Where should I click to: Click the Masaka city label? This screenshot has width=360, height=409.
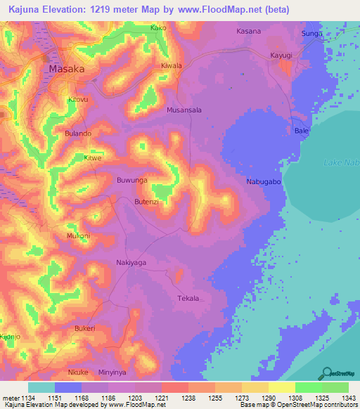[x=66, y=70]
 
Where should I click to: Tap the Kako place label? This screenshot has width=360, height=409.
[x=158, y=28]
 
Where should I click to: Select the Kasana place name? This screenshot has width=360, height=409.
[x=248, y=32]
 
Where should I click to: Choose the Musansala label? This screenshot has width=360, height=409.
[x=184, y=110]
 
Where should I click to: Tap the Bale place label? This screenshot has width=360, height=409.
[x=301, y=131]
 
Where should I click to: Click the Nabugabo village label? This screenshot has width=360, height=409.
[x=264, y=182]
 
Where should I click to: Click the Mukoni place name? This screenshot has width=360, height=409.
[x=78, y=236]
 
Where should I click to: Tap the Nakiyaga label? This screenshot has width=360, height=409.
[x=131, y=262]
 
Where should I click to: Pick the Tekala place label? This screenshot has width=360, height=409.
[x=188, y=298]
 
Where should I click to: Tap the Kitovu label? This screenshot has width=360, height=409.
[x=78, y=100]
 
